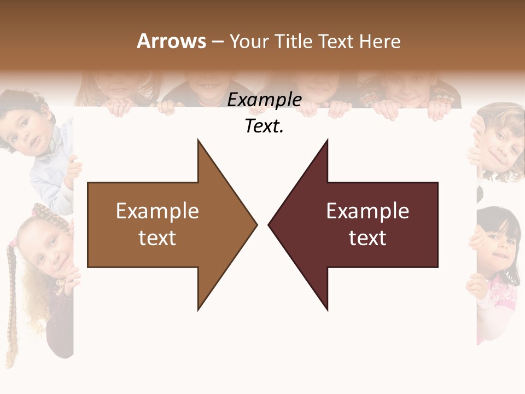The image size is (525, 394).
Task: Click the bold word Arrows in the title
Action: tap(171, 41)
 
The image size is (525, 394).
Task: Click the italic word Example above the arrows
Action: tap(264, 100)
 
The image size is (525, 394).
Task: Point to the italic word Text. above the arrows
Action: tap(264, 126)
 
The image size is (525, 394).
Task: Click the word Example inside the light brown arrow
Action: tap(157, 211)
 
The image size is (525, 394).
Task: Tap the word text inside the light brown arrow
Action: tap(157, 238)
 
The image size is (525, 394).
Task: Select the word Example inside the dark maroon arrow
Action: tap(367, 211)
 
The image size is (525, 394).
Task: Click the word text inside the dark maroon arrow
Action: tap(367, 238)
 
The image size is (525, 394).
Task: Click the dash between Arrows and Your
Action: tap(217, 41)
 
